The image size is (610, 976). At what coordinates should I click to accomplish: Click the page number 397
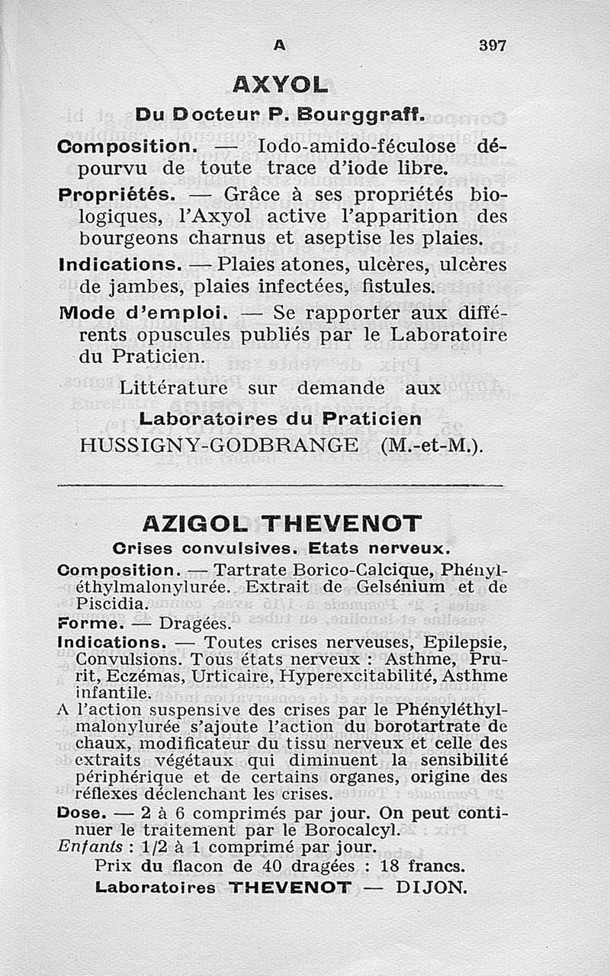pyautogui.click(x=493, y=45)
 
